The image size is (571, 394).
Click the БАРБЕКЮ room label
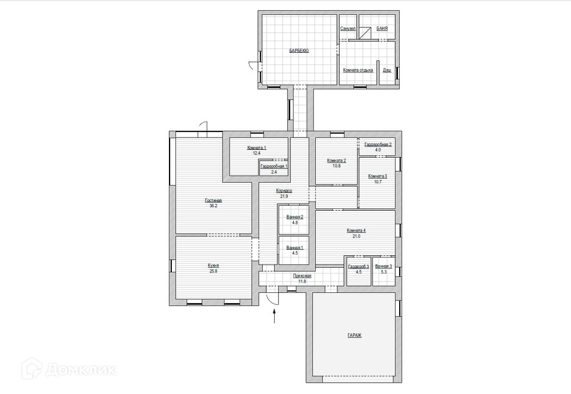[299, 51]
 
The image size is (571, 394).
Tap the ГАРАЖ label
[355, 336]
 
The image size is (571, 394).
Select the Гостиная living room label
[214, 200]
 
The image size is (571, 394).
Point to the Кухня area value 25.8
[214, 271]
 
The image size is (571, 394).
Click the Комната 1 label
[257, 148]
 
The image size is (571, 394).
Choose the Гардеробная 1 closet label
[274, 166]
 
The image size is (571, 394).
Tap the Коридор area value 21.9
[284, 196]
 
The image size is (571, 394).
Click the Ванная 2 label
[295, 217]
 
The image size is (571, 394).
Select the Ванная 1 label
[295, 248]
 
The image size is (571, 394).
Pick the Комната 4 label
[356, 231]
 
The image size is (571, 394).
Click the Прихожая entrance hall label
[302, 276]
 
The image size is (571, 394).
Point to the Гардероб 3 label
[359, 267]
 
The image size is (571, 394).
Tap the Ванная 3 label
[384, 267]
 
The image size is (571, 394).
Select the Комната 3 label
[377, 176]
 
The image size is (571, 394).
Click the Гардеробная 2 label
[378, 144]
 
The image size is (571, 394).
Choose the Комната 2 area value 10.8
[336, 166]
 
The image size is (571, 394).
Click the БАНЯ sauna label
[382, 29]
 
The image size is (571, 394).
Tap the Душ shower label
[387, 70]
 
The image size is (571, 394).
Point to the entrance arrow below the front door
[274, 316]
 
